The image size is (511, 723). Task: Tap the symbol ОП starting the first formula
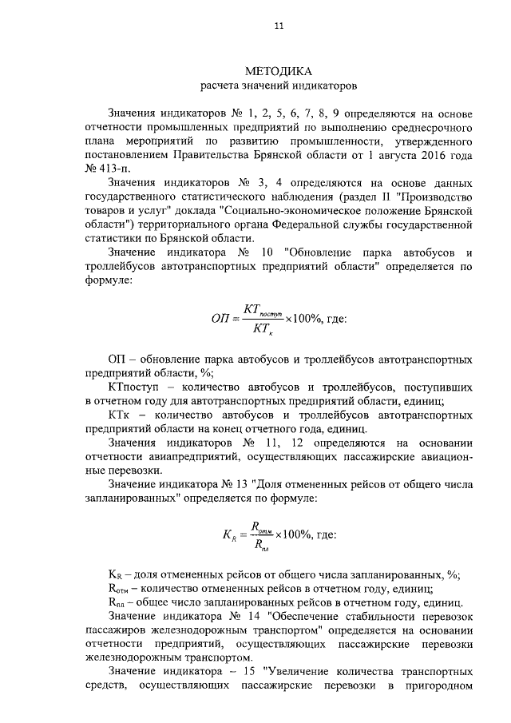220,318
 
